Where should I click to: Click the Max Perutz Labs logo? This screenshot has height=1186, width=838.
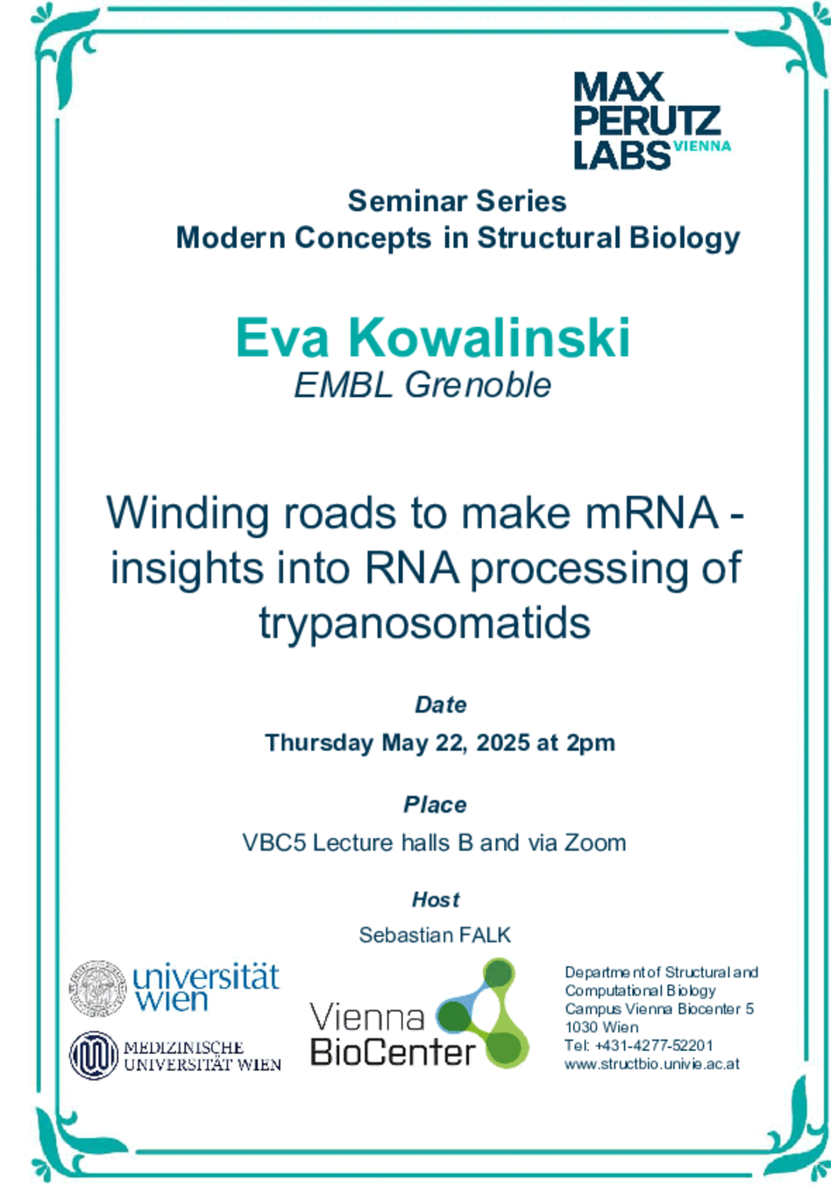pos(652,121)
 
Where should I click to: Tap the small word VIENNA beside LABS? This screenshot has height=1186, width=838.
pos(701,146)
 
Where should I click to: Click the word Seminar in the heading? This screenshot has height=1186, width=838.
pos(408,202)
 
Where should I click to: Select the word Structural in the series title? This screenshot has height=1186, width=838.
pos(549,238)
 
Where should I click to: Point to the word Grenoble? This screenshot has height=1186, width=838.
pos(478,385)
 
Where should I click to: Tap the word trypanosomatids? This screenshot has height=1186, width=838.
pos(424,624)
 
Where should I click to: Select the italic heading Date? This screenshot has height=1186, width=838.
pos(440,705)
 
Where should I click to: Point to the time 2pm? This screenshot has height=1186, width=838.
pos(590,743)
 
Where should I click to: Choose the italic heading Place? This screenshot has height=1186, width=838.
pos(435,805)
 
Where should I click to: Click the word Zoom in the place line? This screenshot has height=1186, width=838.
pos(594,842)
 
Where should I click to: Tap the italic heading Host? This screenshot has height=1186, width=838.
pos(436,899)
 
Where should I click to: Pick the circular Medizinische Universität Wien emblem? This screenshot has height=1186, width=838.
pos(94,1055)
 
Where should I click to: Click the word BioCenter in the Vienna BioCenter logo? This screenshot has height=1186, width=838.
pos(393,1052)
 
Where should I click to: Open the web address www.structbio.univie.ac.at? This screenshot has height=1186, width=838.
pos(652,1064)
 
